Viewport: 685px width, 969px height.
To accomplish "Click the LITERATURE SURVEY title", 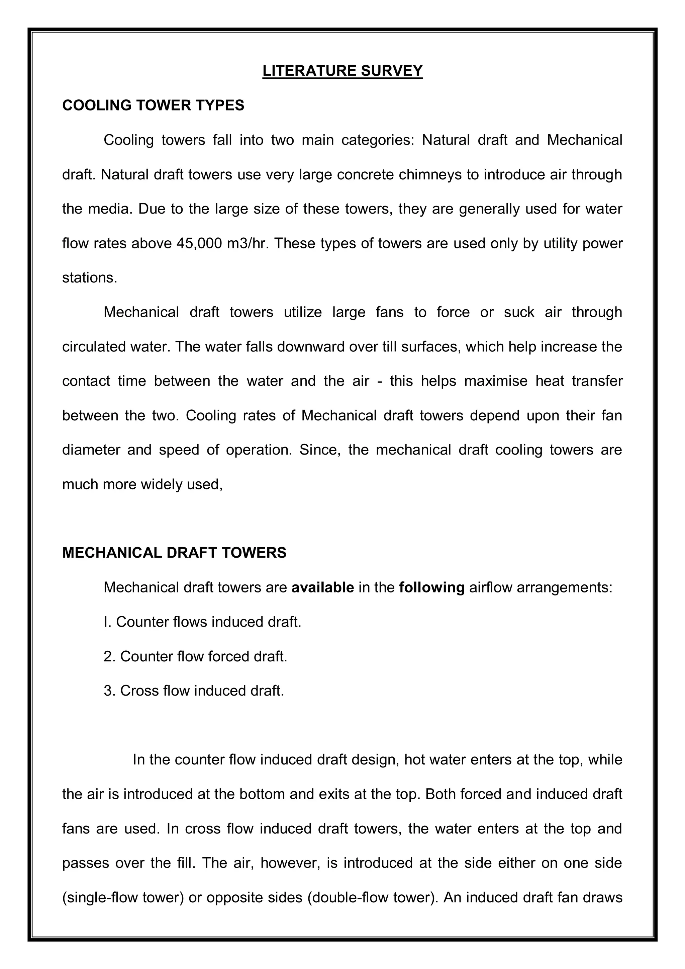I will (x=342, y=71).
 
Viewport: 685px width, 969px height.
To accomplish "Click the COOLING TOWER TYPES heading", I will (x=153, y=105).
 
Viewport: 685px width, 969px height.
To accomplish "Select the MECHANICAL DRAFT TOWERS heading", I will (x=174, y=553).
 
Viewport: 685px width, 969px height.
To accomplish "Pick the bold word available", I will (x=323, y=587).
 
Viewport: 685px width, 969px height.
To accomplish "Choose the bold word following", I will (x=431, y=587).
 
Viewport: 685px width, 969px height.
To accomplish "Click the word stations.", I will (x=89, y=278).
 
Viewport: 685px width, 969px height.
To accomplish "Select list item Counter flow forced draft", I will (x=195, y=656).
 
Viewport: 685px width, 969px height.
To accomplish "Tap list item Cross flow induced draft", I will (x=194, y=691).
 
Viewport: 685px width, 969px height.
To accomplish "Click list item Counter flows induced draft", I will (x=202, y=622).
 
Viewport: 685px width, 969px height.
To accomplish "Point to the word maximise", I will (x=496, y=381).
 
